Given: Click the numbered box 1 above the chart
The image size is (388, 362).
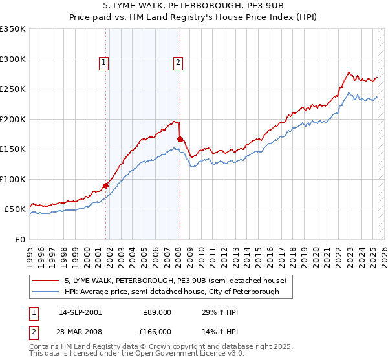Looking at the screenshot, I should pyautogui.click(x=104, y=63).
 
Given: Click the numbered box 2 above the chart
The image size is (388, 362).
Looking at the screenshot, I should pyautogui.click(x=178, y=63).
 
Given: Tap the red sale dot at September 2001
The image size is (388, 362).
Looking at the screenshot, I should pyautogui.click(x=105, y=186).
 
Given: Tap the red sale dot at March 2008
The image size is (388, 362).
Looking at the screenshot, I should pyautogui.click(x=180, y=139).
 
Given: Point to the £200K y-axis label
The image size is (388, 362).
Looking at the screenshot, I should pyautogui.click(x=13, y=119).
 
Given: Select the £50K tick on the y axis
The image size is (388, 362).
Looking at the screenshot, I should pyautogui.click(x=16, y=209).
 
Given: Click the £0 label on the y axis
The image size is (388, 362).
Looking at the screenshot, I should pyautogui.click(x=21, y=239).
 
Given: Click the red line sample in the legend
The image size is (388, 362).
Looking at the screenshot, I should pyautogui.click(x=47, y=281).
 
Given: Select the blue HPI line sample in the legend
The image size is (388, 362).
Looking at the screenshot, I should pyautogui.click(x=47, y=292).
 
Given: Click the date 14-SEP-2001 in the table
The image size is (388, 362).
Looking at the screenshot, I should pyautogui.click(x=80, y=312).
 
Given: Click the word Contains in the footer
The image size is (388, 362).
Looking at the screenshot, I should pyautogui.click(x=44, y=348).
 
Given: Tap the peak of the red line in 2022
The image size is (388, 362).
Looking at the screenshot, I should pyautogui.click(x=349, y=72).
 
